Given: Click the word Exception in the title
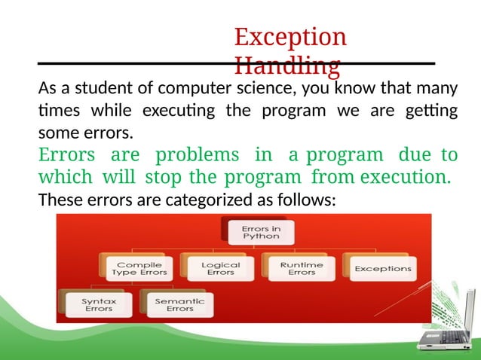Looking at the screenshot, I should pos(290,37).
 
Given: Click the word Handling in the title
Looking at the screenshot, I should pos(286,66).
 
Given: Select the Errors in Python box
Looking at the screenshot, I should pos(260,230).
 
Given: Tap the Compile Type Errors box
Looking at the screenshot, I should pos(133,268).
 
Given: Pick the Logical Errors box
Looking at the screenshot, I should pos(220,268).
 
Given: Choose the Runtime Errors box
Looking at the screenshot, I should pos(302,268).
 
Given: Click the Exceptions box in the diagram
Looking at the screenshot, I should pos(383,268).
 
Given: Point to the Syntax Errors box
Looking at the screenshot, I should pos(99,304).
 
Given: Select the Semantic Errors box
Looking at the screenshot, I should pos(179,304).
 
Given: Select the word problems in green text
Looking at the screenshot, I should pos(197,155).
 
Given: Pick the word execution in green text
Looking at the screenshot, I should pos(404,178).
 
